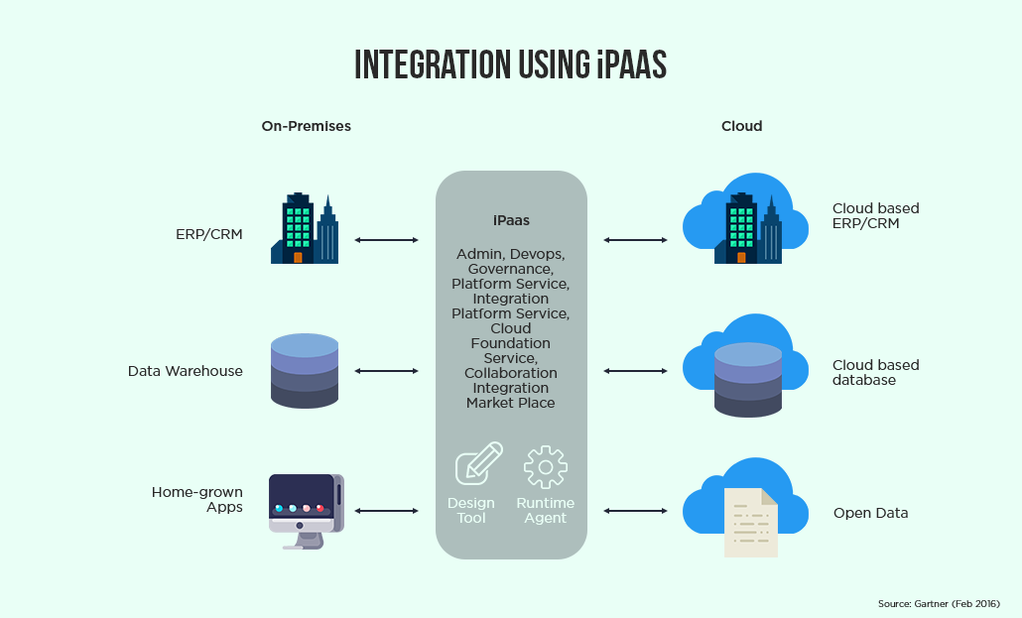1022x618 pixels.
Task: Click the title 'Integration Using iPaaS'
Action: point(510,63)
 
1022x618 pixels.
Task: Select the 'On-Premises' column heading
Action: point(306,126)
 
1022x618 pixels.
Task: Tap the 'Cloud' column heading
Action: point(741,126)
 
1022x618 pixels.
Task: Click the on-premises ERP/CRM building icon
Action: point(304,229)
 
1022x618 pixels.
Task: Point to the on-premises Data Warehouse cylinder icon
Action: point(304,371)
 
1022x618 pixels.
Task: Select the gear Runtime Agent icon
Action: point(545,467)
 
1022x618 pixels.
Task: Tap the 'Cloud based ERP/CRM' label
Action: point(875,216)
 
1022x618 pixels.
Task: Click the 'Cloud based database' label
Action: point(875,372)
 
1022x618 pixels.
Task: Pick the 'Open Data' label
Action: point(870,513)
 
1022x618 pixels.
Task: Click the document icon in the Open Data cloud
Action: point(750,522)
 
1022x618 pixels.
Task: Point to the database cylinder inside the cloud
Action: point(748,380)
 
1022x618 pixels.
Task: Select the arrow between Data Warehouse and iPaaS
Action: point(387,371)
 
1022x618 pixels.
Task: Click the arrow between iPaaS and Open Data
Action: point(635,511)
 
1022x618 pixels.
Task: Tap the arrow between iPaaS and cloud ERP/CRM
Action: point(635,240)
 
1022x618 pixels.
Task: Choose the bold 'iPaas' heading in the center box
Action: point(511,221)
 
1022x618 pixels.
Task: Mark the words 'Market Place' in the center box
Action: point(510,403)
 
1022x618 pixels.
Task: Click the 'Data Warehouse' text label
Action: point(185,371)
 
